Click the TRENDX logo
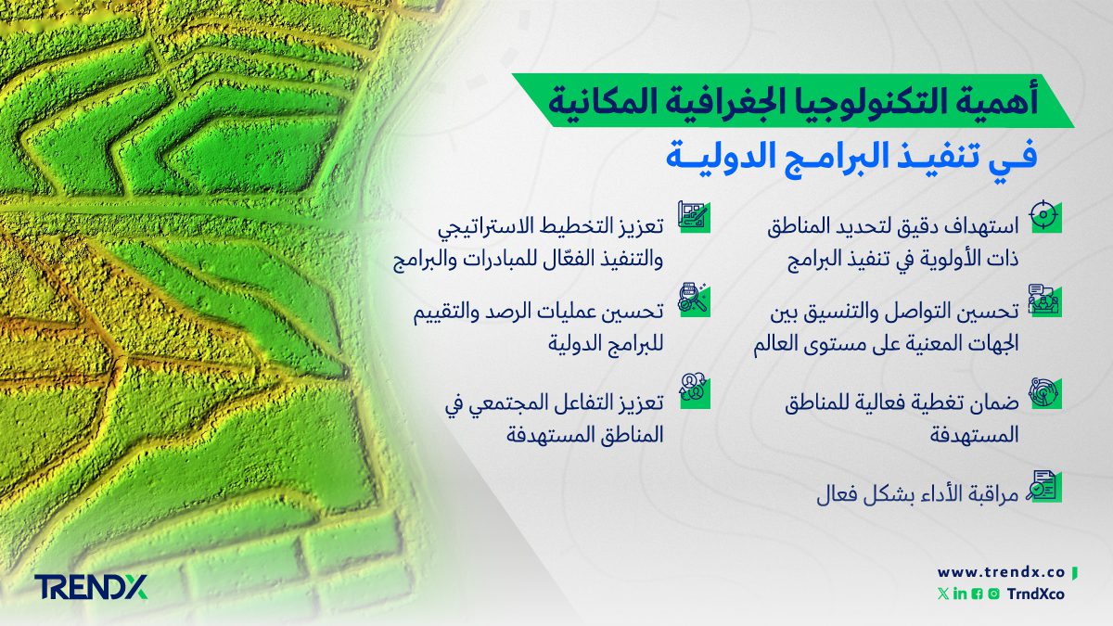(x=90, y=587)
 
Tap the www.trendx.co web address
(x=1003, y=572)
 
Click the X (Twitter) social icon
(x=943, y=594)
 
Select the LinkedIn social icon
(x=959, y=594)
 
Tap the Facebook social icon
(x=976, y=594)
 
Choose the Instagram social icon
(x=992, y=594)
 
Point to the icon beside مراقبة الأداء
(x=1044, y=487)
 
